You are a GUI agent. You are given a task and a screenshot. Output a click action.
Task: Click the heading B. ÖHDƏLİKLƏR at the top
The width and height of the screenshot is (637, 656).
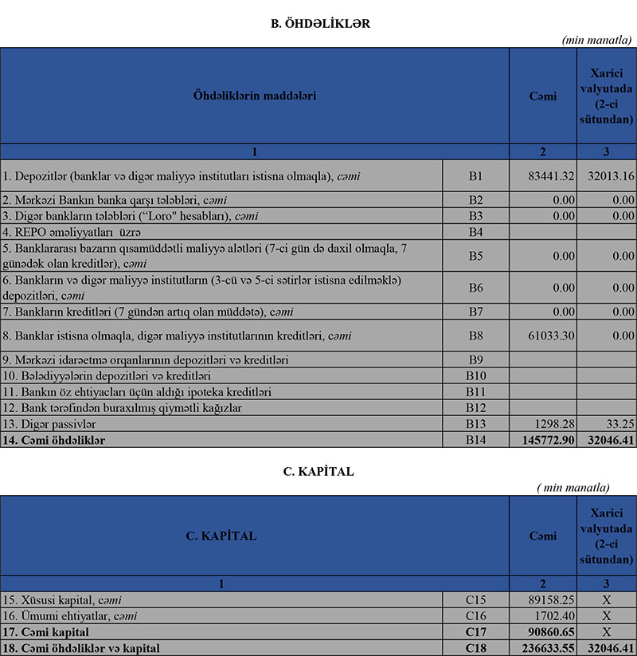click(x=321, y=24)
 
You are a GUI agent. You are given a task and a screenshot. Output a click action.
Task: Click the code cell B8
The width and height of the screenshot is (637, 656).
click(x=475, y=336)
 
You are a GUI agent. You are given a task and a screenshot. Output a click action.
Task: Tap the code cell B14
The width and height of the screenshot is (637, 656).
click(x=475, y=440)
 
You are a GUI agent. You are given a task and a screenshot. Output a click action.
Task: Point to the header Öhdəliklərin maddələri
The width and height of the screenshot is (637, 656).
click(x=255, y=96)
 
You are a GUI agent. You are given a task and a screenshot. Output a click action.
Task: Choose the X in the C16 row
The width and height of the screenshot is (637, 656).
click(x=607, y=616)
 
